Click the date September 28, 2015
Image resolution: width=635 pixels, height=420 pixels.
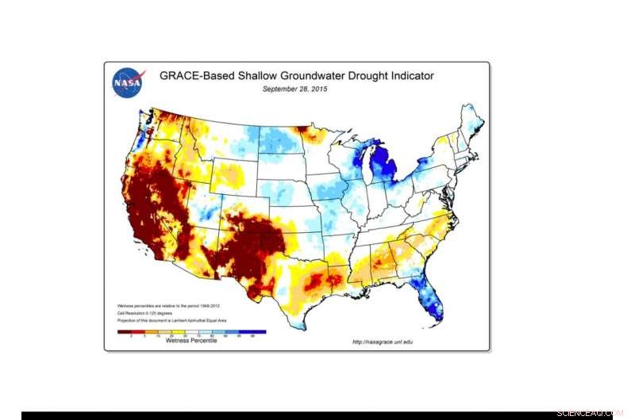295,90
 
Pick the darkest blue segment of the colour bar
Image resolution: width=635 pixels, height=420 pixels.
257,332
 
